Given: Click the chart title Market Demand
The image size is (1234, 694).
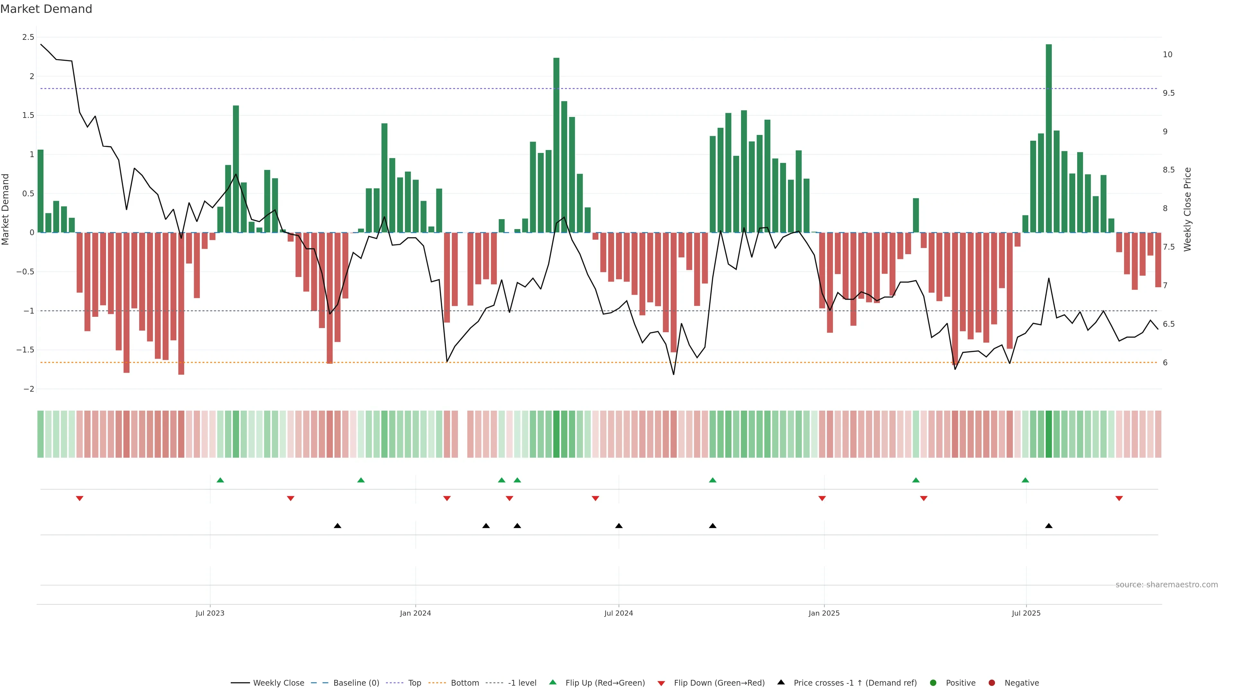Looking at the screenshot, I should [46, 9].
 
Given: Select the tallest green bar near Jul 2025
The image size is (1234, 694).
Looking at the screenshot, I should [1049, 139].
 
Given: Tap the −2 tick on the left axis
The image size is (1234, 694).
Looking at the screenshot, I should [28, 389].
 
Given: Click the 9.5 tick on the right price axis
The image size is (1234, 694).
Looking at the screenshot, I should [1168, 93].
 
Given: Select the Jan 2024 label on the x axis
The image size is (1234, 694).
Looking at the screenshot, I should [415, 613].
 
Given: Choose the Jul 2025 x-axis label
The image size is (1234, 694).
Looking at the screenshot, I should [1026, 613].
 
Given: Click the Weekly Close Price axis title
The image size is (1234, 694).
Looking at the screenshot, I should [1187, 209].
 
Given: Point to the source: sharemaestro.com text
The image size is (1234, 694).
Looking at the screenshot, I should [1167, 585].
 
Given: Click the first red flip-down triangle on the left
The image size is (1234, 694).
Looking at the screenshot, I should [79, 499].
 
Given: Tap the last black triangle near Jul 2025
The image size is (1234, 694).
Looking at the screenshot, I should [1049, 526].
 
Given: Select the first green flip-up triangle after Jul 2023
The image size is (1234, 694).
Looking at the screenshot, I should [220, 480].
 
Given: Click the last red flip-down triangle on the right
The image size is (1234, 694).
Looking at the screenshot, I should [1119, 499].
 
